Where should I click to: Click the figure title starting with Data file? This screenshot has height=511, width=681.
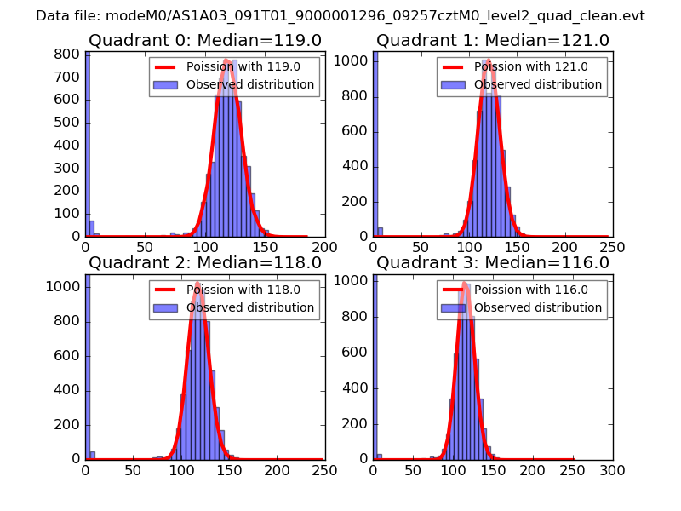[x=340, y=16]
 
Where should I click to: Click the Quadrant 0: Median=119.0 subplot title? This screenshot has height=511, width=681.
[x=205, y=41]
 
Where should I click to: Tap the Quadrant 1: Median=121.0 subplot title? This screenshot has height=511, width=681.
[x=493, y=41]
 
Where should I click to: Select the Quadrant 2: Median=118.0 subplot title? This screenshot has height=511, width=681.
[x=205, y=263]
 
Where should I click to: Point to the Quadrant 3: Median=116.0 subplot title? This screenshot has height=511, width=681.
[x=493, y=263]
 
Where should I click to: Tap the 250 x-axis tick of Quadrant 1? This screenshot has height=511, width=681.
[x=612, y=247]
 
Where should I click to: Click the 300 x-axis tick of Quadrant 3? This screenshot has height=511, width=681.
[x=612, y=469]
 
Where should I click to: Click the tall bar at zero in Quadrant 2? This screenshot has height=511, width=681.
[x=87, y=366]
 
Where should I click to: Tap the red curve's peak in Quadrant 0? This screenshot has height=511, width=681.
[x=227, y=60]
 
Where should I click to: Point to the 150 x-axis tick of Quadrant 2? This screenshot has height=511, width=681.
[x=229, y=469]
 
